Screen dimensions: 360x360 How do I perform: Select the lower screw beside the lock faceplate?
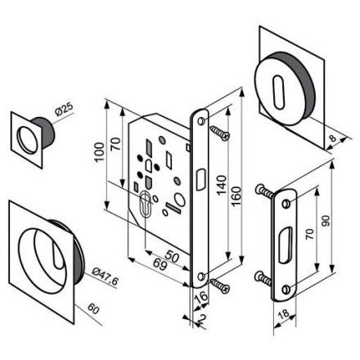click(219, 283)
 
